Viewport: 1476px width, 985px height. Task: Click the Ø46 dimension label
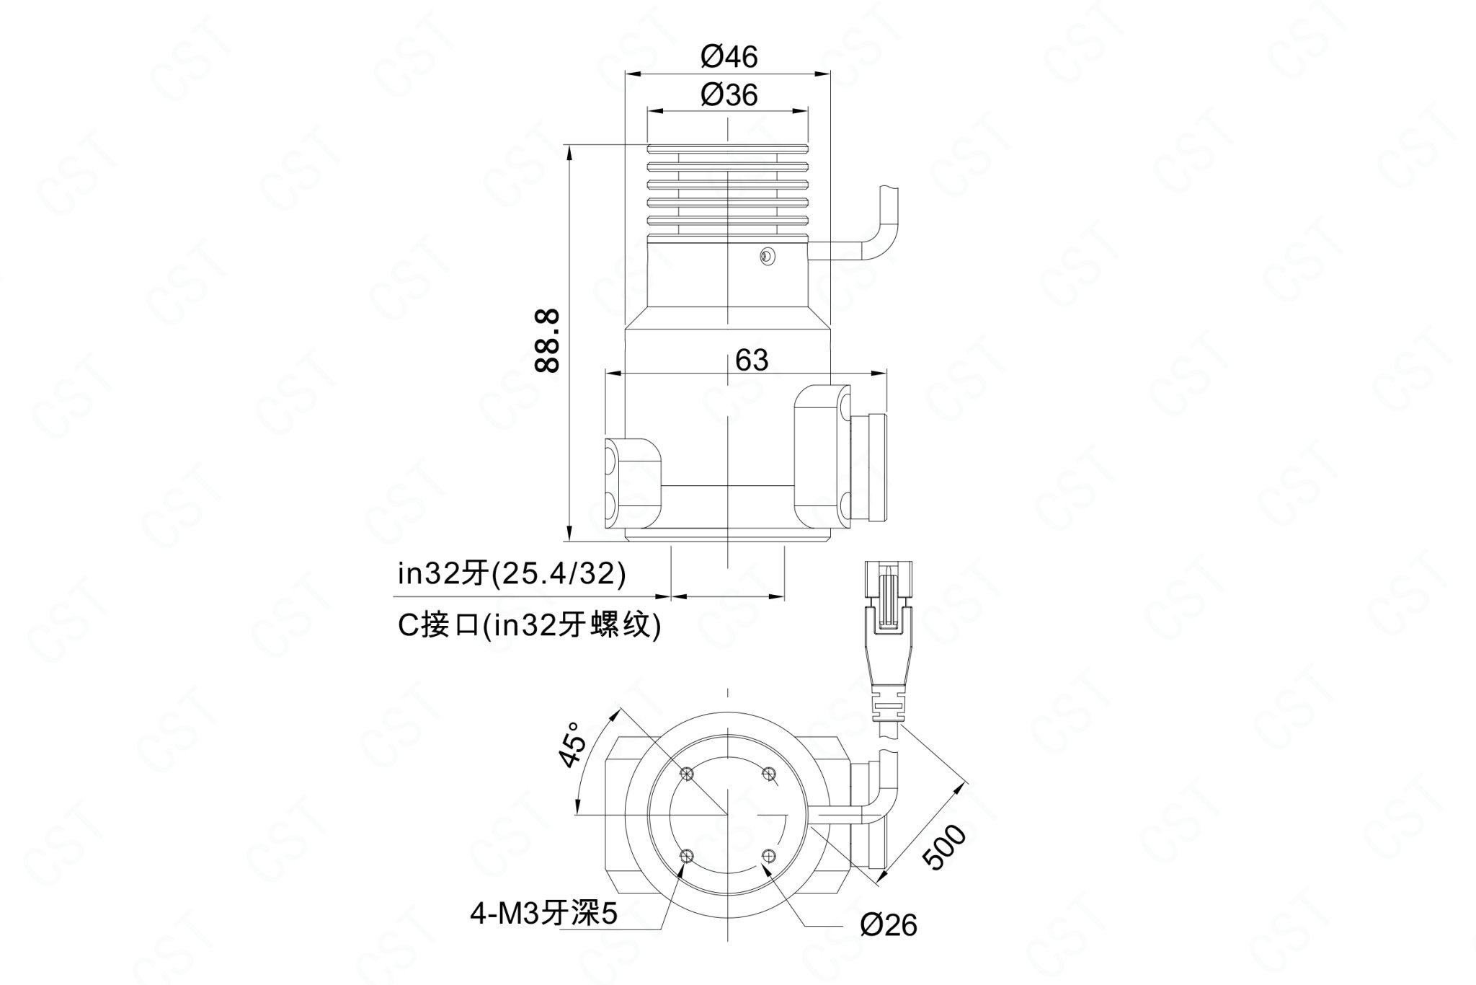(x=729, y=56)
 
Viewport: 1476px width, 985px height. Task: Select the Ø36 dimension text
(x=729, y=94)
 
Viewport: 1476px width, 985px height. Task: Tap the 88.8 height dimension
(x=548, y=341)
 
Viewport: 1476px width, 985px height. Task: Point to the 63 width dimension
(x=752, y=360)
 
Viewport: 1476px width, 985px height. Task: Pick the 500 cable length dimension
(x=944, y=848)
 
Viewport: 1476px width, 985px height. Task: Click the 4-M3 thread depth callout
(x=544, y=915)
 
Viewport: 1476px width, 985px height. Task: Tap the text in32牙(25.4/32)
(x=512, y=574)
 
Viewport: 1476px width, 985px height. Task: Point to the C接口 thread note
(x=530, y=625)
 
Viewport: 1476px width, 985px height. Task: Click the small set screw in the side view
(x=767, y=256)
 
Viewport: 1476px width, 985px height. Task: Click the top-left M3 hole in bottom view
(x=687, y=774)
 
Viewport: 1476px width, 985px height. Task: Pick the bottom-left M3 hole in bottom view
(x=687, y=856)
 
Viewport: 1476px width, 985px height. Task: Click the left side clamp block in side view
(x=633, y=481)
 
